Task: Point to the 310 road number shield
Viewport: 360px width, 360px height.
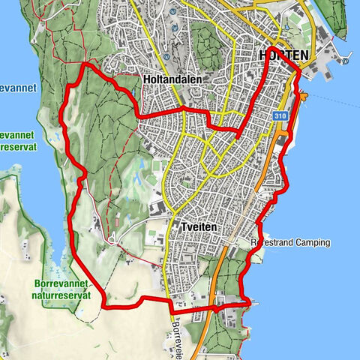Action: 280,116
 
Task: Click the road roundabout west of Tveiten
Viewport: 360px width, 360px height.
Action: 111,240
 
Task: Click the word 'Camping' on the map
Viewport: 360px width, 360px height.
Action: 311,243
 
